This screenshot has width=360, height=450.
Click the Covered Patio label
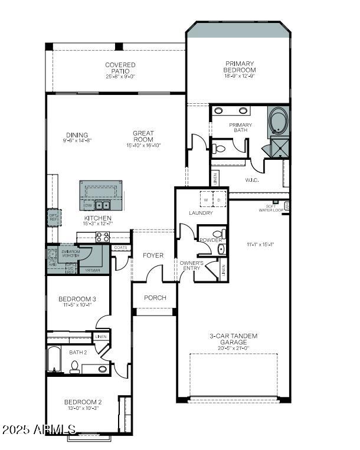tap(120, 68)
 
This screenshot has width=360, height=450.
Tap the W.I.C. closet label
tap(253, 180)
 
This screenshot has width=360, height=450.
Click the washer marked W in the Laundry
tap(206, 200)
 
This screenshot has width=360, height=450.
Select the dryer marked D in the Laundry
tap(218, 200)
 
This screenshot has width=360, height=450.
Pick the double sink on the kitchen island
tap(103, 205)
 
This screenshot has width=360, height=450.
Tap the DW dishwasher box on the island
tap(87, 205)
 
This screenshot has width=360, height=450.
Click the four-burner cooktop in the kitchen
tap(102, 237)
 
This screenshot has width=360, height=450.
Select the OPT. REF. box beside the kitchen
tap(54, 217)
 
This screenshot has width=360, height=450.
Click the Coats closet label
tap(120, 248)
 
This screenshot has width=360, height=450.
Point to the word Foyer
tap(153, 255)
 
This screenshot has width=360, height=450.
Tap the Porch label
tap(155, 298)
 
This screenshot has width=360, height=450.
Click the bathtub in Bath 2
tap(55, 359)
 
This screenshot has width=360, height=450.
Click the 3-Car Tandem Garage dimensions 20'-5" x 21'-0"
tap(233, 348)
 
